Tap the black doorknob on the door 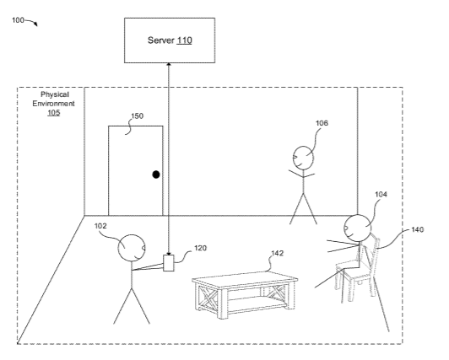[156, 175]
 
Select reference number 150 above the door [138, 116]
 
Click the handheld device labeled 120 [169, 263]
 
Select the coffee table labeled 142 [245, 294]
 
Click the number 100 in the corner [18, 20]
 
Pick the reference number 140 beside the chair [417, 229]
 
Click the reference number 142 [277, 253]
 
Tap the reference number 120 [200, 248]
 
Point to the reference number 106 [322, 123]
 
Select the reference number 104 [381, 195]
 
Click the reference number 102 [100, 226]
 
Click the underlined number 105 [53, 112]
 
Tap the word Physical [55, 94]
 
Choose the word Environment [53, 104]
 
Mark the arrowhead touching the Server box [169, 64]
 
